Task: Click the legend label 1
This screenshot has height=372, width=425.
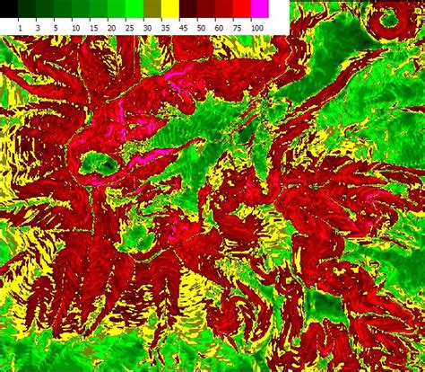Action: tap(20, 29)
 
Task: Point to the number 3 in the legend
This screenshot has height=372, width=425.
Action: tap(39, 29)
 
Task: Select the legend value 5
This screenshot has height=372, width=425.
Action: tap(56, 29)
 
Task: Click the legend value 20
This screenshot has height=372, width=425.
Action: tap(115, 29)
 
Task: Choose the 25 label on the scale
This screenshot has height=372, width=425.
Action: tap(133, 29)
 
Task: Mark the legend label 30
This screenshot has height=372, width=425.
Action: tap(151, 29)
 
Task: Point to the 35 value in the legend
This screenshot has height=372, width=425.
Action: tap(169, 29)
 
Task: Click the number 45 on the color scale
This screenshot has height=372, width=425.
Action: tap(187, 29)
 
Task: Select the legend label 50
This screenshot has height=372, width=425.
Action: tap(205, 29)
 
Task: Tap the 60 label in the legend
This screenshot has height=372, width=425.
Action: tap(223, 29)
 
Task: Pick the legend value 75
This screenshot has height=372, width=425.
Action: tap(241, 29)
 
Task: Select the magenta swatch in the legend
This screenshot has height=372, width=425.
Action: tap(259, 10)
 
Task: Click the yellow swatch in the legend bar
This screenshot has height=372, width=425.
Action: tap(169, 10)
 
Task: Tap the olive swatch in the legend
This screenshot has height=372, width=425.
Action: tap(152, 10)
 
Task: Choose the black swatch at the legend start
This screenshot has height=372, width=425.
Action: tap(9, 10)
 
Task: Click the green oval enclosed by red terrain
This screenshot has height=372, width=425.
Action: tap(99, 164)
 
